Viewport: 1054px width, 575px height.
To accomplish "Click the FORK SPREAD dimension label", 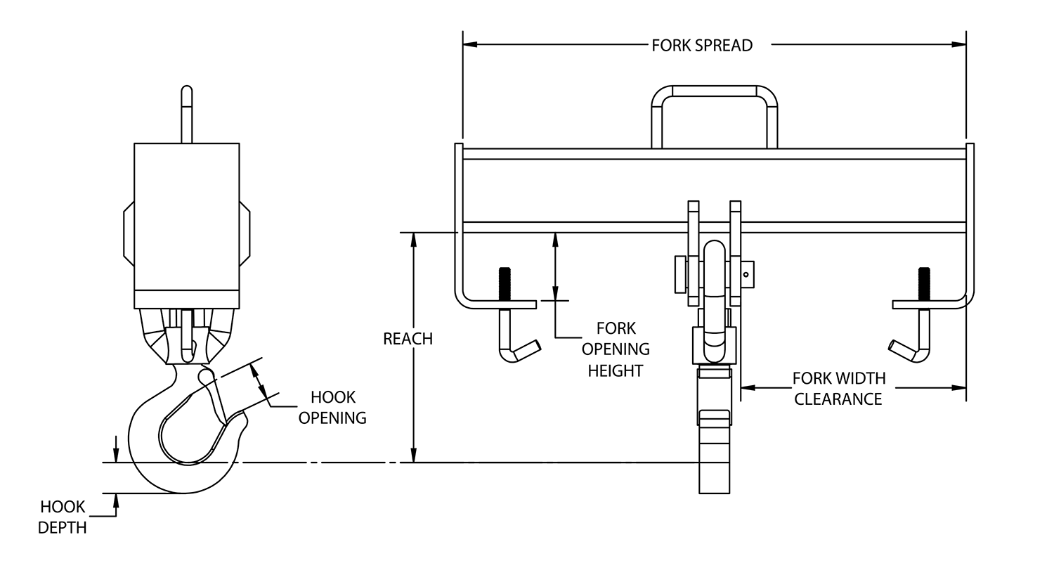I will point(701,46).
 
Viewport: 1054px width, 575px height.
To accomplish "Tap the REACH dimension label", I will point(408,339).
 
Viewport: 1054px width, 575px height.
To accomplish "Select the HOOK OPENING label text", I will point(332,408).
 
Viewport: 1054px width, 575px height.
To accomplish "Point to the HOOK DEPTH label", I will point(63,517).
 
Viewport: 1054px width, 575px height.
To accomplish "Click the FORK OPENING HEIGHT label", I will point(616,349).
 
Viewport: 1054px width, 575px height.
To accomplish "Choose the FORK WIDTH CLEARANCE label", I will point(838,389).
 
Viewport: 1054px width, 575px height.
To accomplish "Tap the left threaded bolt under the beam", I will point(505,283).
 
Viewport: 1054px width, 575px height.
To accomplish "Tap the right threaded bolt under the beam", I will point(924,283).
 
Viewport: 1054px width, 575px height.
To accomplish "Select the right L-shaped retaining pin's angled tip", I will point(899,348).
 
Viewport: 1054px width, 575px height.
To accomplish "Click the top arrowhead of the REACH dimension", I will point(415,239).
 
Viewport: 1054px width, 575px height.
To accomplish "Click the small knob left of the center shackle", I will point(679,274).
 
